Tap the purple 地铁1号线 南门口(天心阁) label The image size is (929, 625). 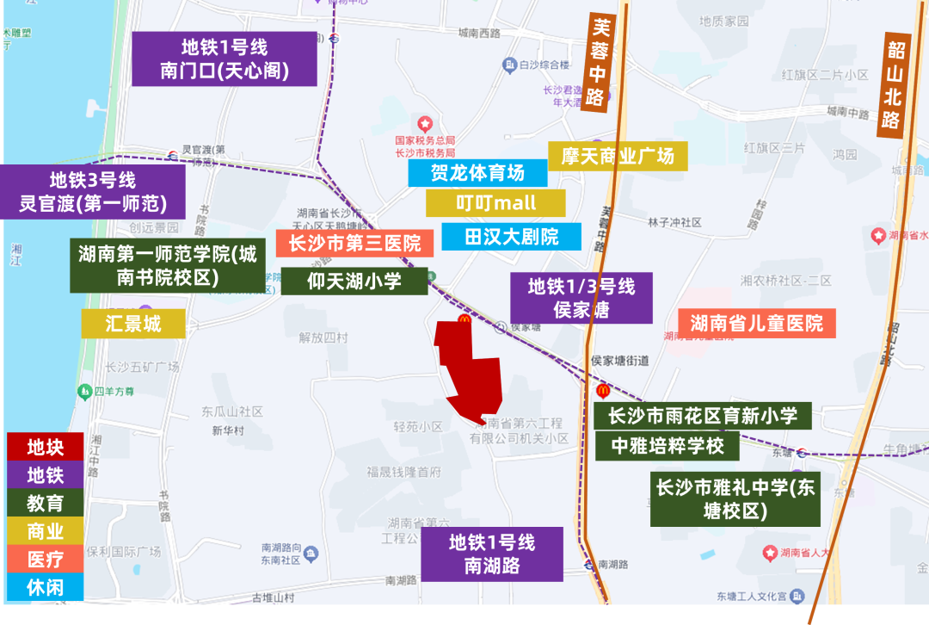pyautogui.click(x=225, y=59)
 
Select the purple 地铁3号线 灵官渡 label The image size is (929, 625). pyautogui.click(x=92, y=192)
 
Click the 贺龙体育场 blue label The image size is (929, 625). pyautogui.click(x=477, y=173)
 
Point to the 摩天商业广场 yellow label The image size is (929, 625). pyautogui.click(x=618, y=156)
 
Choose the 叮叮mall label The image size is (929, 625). pyautogui.click(x=495, y=203)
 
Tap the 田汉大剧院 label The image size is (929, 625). pyautogui.click(x=511, y=237)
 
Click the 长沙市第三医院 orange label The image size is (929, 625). pyautogui.click(x=354, y=244)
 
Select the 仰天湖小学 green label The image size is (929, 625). pyautogui.click(x=354, y=282)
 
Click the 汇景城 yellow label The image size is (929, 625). pyautogui.click(x=133, y=324)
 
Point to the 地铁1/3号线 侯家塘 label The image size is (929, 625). pyautogui.click(x=581, y=298)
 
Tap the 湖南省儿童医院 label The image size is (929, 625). pyautogui.click(x=756, y=324)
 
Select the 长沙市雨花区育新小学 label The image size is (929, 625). pyautogui.click(x=703, y=417)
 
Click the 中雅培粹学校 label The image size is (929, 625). pyautogui.click(x=668, y=446)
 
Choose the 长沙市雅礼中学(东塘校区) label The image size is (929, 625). pyautogui.click(x=735, y=498)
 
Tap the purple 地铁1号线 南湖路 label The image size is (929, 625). pyautogui.click(x=492, y=554)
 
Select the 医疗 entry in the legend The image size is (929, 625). pyautogui.click(x=45, y=559)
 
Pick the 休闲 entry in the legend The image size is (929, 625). pyautogui.click(x=45, y=587)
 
